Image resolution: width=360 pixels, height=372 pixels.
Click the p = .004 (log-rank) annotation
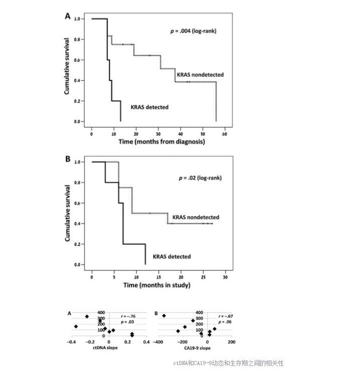tap(193, 31)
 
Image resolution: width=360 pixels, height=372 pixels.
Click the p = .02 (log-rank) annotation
tap(200, 178)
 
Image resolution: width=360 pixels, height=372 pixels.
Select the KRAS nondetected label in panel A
tap(199, 75)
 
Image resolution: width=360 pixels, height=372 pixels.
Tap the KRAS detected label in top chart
tap(149, 107)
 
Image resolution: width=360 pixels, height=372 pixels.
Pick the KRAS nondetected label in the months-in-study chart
tap(196, 217)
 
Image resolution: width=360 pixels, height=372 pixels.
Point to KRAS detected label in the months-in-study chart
tap(171, 256)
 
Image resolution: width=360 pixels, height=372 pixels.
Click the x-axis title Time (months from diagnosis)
tap(161, 142)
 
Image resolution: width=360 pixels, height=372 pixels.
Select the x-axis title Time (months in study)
tap(156, 285)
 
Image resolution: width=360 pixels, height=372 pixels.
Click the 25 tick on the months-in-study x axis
tap(203, 276)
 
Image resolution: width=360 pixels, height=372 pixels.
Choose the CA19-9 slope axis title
tap(197, 348)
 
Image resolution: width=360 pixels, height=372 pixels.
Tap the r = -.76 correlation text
tap(128, 316)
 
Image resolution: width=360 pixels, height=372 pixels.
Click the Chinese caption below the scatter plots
tap(228, 363)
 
